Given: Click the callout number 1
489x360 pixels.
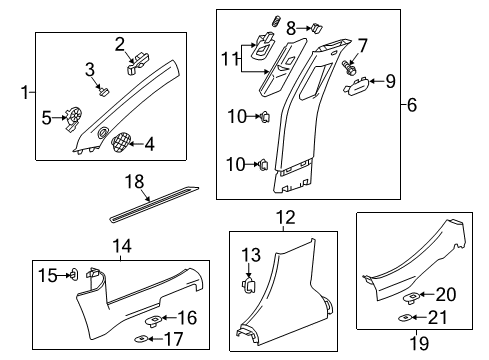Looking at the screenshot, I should pos(24,93).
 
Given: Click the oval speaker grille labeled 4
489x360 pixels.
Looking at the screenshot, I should pos(121,143).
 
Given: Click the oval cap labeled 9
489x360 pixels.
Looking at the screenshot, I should pos(357,88).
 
